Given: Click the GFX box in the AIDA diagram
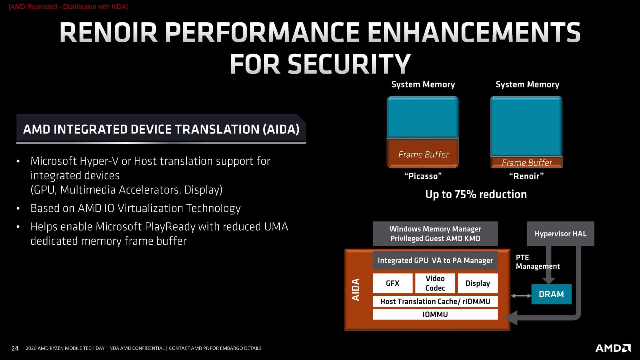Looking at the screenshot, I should [x=392, y=283].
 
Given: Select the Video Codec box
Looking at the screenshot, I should [x=435, y=283].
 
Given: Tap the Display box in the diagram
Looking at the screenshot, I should [x=478, y=283].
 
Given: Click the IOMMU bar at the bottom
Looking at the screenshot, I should [x=435, y=314].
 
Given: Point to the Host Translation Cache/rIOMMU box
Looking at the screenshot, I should [x=435, y=301].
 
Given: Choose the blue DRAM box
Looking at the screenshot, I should [x=551, y=294].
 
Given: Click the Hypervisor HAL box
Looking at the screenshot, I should [x=560, y=234].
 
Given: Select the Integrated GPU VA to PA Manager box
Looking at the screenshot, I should [x=435, y=260].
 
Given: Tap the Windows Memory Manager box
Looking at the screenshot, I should [x=435, y=234].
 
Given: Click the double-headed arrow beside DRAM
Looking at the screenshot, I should [x=521, y=296].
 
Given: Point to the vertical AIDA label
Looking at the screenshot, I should [x=356, y=290].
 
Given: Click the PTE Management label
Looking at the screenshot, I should [x=537, y=262].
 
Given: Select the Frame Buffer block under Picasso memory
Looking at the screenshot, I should [x=423, y=154].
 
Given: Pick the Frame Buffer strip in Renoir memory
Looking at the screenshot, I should [x=526, y=162].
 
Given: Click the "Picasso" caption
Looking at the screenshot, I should [x=423, y=176].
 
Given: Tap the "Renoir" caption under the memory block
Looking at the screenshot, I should [x=526, y=176].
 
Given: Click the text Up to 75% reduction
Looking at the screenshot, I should [x=476, y=194].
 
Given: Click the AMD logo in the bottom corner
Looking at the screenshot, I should [x=613, y=348].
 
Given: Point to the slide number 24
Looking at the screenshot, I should [x=15, y=348].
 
